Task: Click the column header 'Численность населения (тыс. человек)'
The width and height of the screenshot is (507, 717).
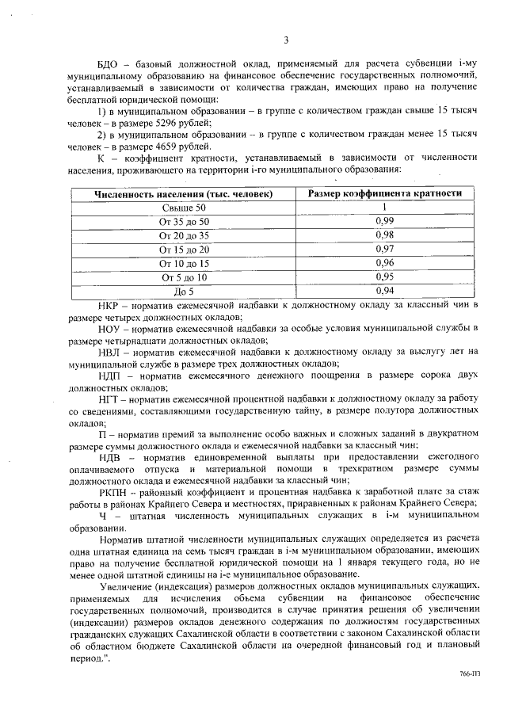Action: point(184,193)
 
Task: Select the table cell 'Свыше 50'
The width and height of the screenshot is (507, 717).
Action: point(184,208)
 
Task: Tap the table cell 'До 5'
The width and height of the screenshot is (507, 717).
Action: point(184,291)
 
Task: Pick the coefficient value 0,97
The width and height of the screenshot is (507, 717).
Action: point(384,249)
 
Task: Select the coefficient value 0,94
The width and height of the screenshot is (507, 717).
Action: point(384,291)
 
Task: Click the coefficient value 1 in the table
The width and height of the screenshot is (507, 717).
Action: point(384,208)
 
